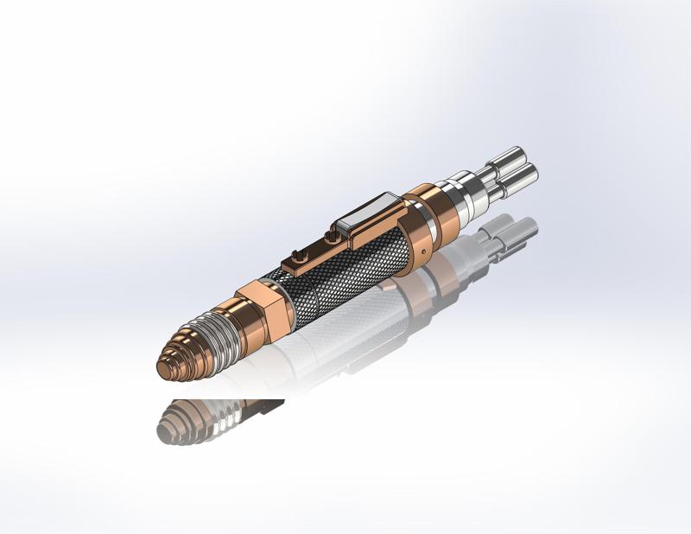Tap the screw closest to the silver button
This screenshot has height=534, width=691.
tap(331, 235)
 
